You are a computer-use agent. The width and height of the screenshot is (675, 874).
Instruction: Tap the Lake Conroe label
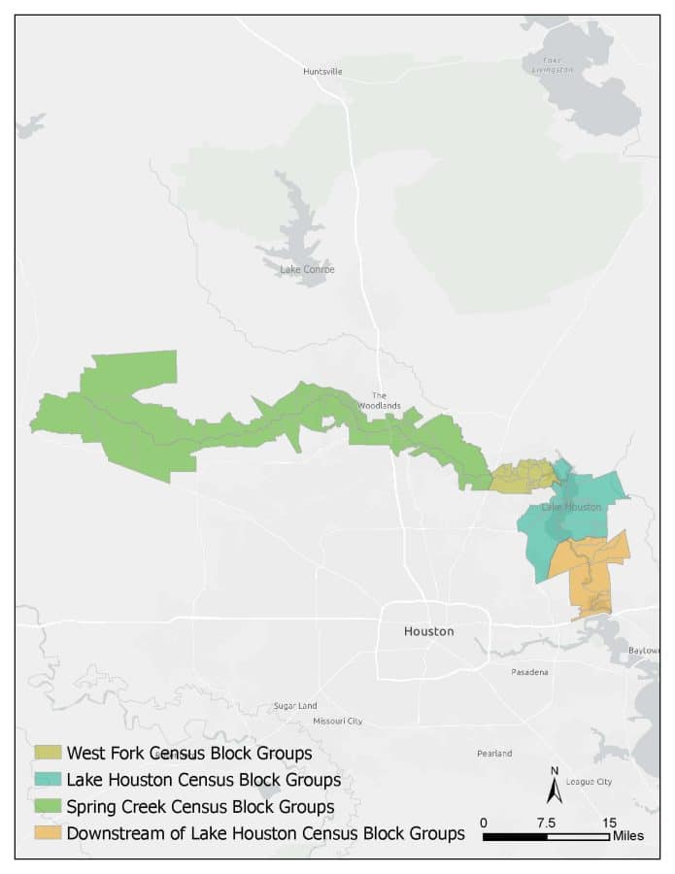(307, 270)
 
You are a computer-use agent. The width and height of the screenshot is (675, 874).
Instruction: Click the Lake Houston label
(571, 507)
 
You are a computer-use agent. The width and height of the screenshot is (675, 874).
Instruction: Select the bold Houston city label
(428, 631)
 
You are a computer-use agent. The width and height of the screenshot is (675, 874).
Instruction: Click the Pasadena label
(530, 672)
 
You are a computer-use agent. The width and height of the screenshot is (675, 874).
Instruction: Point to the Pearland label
(494, 753)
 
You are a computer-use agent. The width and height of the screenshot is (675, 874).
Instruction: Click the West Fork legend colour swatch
(49, 753)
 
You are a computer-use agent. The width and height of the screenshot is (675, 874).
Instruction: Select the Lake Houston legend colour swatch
(49, 780)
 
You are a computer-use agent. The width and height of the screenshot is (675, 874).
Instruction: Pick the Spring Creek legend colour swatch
(49, 806)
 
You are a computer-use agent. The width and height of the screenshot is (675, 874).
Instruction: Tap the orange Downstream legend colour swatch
(49, 833)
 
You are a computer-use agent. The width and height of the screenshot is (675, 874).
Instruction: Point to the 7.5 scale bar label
(546, 823)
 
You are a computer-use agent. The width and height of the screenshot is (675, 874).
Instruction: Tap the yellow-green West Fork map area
(522, 477)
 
